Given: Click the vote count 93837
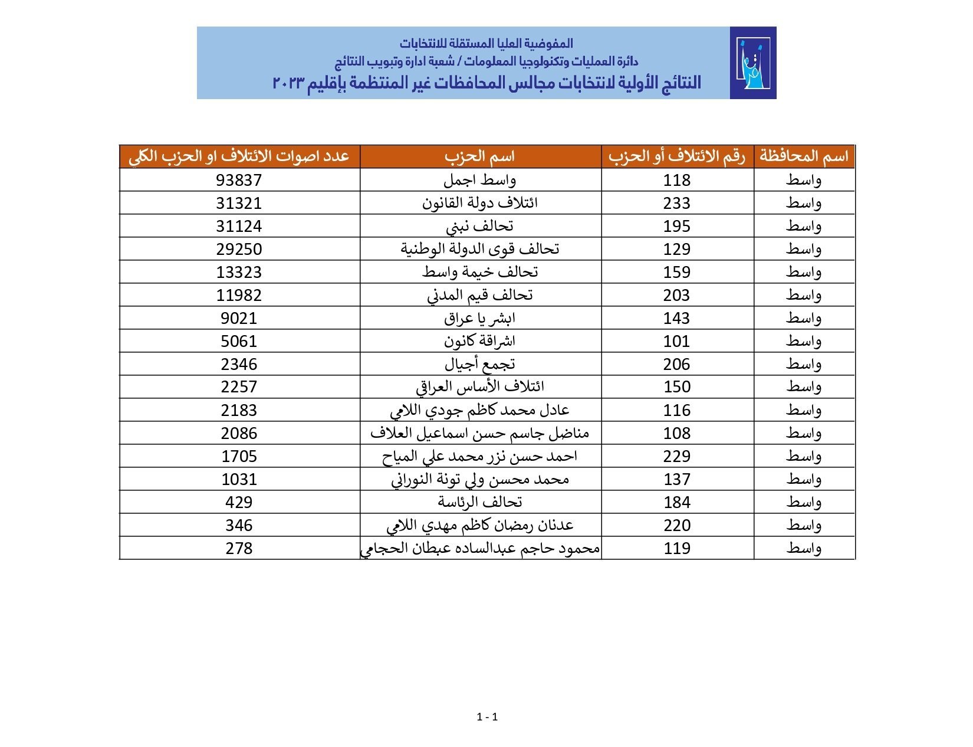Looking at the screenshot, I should pyautogui.click(x=239, y=180).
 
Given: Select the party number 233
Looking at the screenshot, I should pyautogui.click(x=676, y=203).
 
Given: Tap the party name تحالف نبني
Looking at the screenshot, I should pyautogui.click(x=479, y=226).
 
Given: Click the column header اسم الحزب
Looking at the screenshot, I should pyautogui.click(x=479, y=156).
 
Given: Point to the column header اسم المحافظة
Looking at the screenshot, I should pyautogui.click(x=804, y=156).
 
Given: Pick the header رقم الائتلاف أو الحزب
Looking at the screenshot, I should pyautogui.click(x=677, y=156).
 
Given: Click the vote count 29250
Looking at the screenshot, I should pyautogui.click(x=239, y=249).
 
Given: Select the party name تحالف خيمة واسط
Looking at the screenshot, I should pyautogui.click(x=479, y=272).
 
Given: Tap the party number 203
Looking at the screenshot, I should pyautogui.click(x=676, y=295).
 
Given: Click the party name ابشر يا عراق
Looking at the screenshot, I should pyautogui.click(x=479, y=318).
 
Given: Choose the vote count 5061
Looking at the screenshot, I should pyautogui.click(x=239, y=341).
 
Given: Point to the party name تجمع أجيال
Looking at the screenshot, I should pyautogui.click(x=479, y=364).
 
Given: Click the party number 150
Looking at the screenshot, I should pyautogui.click(x=676, y=387).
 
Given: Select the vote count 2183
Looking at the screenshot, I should pyautogui.click(x=239, y=410).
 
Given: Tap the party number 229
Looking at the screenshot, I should pyautogui.click(x=676, y=456).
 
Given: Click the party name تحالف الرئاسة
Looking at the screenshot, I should pyautogui.click(x=479, y=502).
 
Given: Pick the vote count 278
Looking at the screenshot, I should pyautogui.click(x=239, y=548).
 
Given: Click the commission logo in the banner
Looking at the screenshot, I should pyautogui.click(x=752, y=63).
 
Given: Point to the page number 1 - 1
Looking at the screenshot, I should pyautogui.click(x=487, y=717).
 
